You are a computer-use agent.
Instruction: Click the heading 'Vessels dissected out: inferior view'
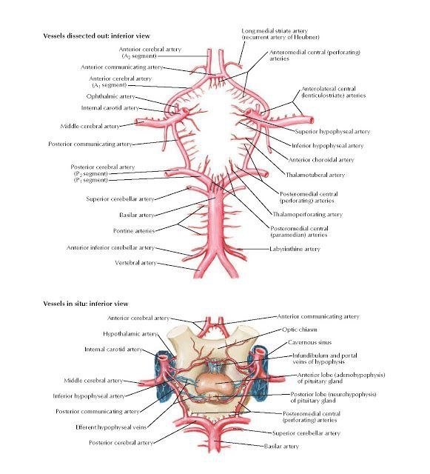coord(96,36)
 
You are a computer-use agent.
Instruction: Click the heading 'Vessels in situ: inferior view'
coord(86,304)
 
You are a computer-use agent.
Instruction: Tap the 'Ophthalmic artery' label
coord(110,96)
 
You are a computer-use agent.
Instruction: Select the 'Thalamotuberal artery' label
coord(315,175)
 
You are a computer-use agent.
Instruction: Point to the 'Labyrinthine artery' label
coord(295,249)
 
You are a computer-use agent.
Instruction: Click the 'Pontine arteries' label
coord(134,230)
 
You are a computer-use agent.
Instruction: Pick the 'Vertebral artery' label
coord(135,263)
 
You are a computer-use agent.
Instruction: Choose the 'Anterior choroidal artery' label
coord(321,160)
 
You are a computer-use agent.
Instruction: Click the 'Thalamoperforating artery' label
coord(308,214)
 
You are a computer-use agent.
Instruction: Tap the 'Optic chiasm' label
coord(300,330)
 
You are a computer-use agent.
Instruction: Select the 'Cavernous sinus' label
coord(309,342)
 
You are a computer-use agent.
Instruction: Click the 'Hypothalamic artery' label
coord(130,334)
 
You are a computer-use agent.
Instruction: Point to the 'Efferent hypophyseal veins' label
coord(111,427)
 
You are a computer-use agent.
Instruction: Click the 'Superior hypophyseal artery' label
coord(332,132)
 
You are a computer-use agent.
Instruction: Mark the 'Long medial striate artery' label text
coord(275,31)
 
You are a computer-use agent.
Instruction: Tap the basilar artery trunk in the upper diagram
coord(215,221)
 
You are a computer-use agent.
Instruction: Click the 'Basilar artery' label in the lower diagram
coord(281,446)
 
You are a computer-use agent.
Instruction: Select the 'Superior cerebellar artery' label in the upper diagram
coord(121,199)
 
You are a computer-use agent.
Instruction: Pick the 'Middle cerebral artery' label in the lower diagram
coord(94,380)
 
